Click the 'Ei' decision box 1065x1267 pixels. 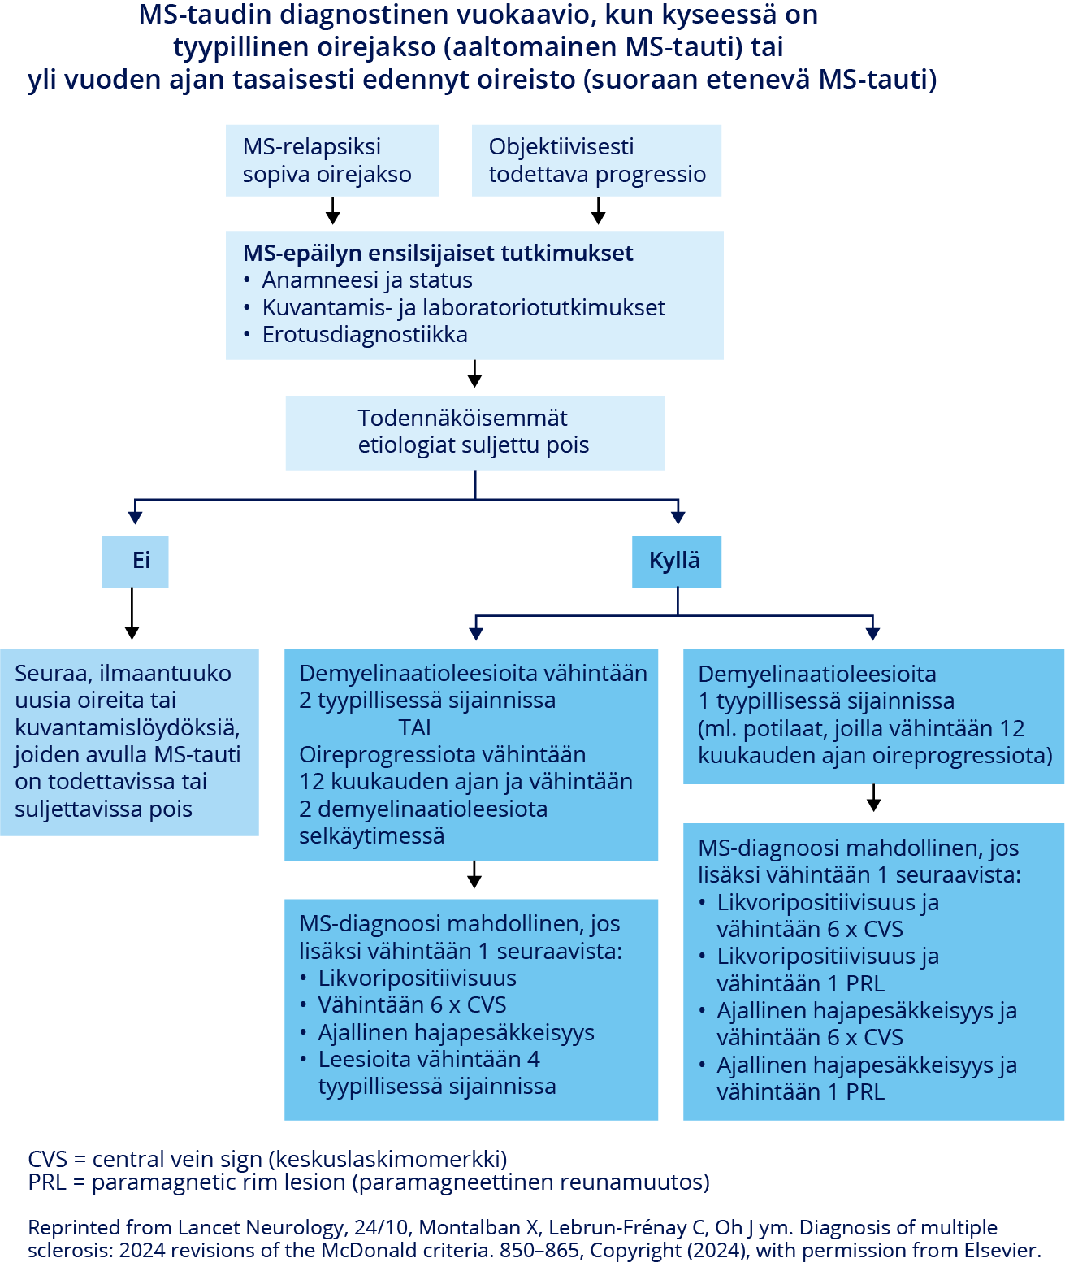tap(135, 561)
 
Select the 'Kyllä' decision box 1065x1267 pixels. tap(676, 561)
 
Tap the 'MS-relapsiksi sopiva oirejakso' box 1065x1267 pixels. tap(332, 160)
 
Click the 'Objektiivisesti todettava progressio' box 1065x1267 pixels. tap(596, 160)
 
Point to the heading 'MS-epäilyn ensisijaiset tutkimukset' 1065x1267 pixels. tap(438, 253)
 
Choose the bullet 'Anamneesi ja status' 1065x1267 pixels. tap(366, 280)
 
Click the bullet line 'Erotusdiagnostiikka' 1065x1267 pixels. tap(364, 335)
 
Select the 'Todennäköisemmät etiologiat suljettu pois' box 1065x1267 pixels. tap(474, 432)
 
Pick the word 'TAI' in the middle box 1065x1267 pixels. tap(414, 727)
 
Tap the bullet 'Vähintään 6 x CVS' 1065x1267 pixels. tap(412, 1005)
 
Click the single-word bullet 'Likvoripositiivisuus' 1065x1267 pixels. tap(417, 978)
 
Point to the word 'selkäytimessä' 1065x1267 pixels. tap(371, 836)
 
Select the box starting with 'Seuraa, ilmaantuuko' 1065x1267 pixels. tap(129, 741)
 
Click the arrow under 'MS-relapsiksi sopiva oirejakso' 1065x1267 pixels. tap(332, 210)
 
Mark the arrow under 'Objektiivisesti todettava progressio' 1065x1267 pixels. tap(599, 210)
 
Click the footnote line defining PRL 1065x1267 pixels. tap(368, 1182)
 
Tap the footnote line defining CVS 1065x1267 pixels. tap(267, 1159)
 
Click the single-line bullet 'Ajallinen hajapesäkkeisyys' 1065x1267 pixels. tap(456, 1033)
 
